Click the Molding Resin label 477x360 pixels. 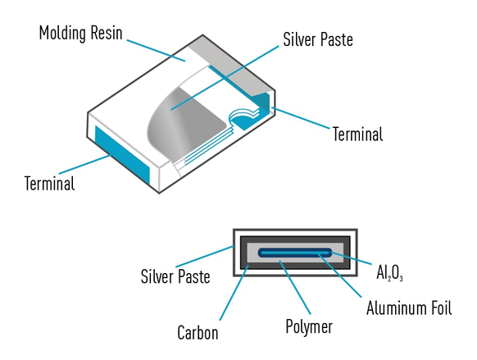pos(80,33)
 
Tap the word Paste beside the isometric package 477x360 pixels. pos(336,39)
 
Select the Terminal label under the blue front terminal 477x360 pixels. pos(50,183)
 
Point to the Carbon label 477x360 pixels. pos(198,332)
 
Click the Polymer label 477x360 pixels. pos(309,327)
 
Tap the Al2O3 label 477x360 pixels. pos(389,272)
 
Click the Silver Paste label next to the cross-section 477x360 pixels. pos(175,276)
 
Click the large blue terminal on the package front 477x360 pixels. pos(122,154)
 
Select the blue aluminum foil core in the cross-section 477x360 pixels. pos(295,253)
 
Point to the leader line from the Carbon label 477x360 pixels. pos(234,293)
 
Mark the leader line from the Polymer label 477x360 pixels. pos(295,287)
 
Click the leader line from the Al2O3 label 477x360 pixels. pos(352,258)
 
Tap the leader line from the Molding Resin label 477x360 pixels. pos(156,50)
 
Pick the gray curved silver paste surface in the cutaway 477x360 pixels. pos(185,121)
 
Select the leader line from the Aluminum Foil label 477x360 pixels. pos(339,276)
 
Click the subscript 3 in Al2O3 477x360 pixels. pos(402,278)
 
